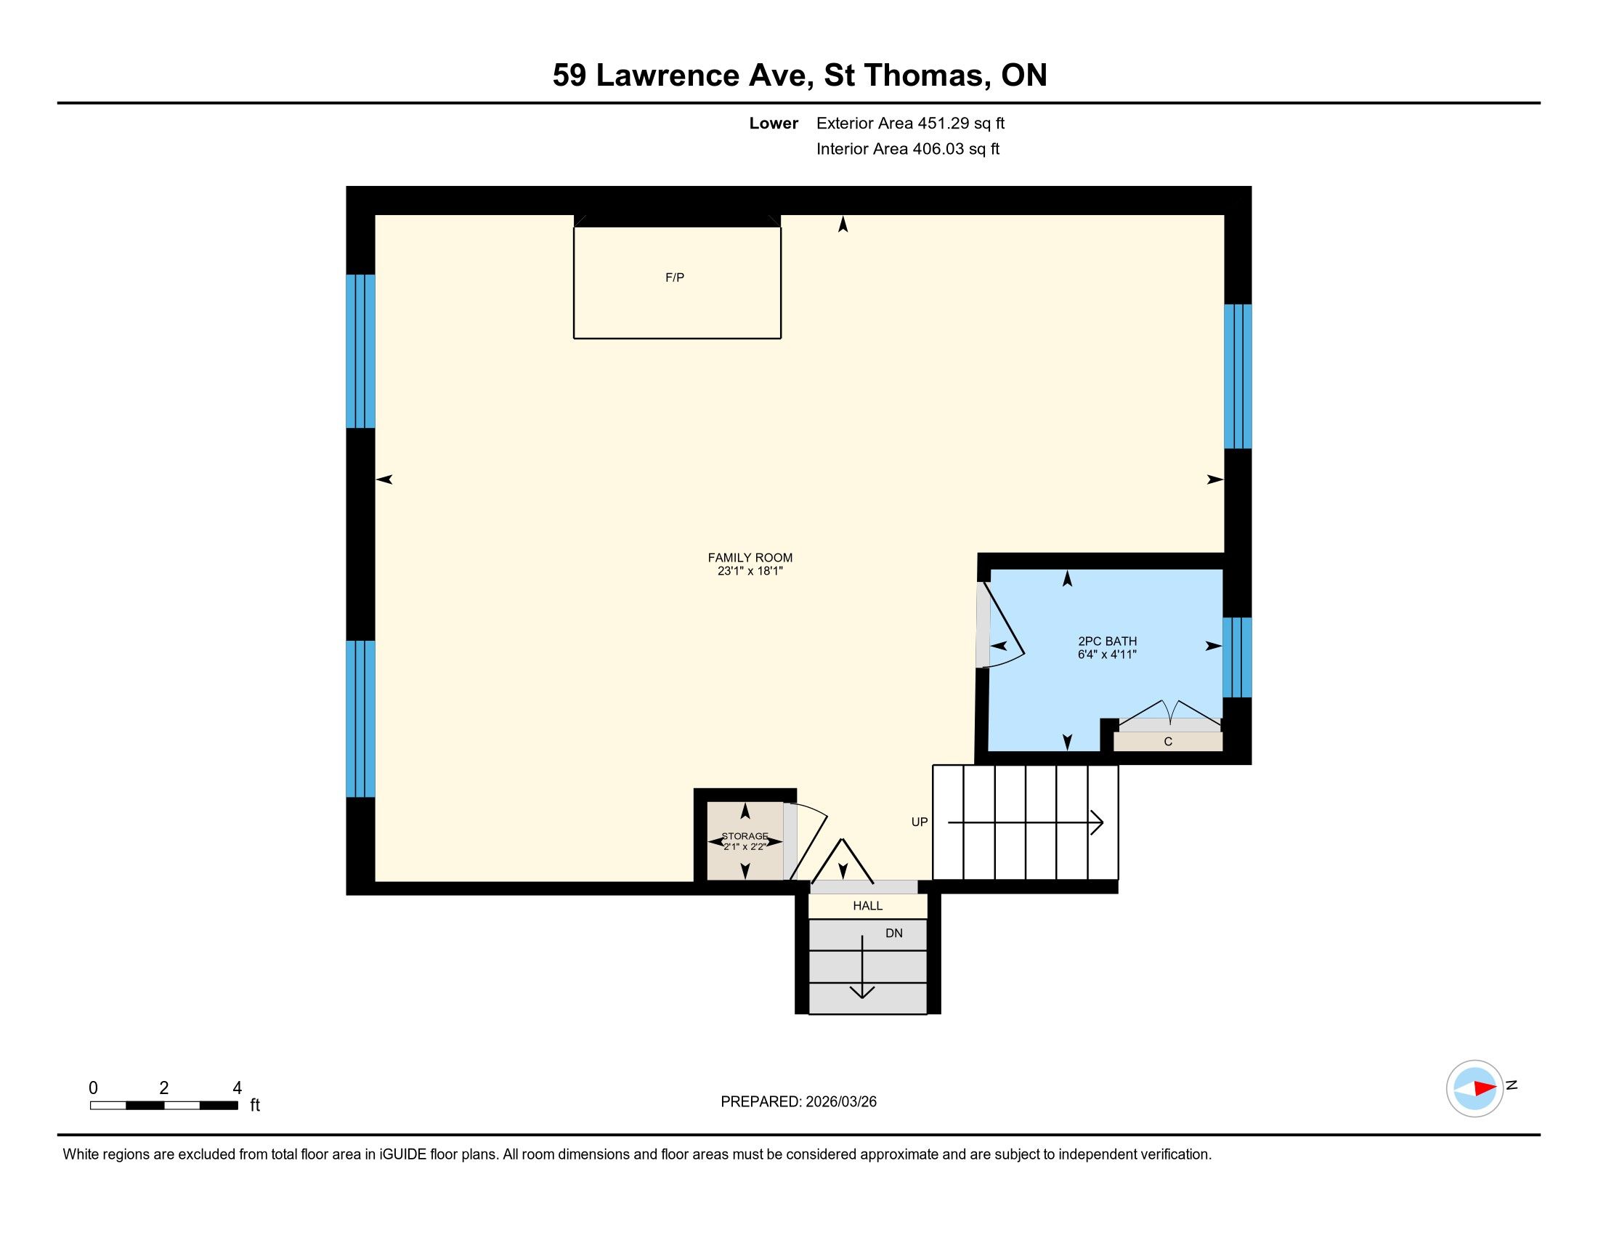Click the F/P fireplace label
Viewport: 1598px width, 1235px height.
[x=675, y=278]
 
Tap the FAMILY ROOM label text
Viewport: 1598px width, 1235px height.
[x=750, y=557]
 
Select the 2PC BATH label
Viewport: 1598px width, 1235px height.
[x=1107, y=641]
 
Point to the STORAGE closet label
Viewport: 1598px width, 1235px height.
[x=745, y=835]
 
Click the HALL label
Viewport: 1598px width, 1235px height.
[x=868, y=906]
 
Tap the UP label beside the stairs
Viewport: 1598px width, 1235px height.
[x=920, y=822]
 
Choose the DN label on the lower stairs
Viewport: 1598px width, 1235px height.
[x=894, y=934]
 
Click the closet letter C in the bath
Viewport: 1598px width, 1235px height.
[x=1168, y=741]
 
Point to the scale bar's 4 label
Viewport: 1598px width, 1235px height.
[x=237, y=1088]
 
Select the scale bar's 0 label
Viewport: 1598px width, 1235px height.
[x=94, y=1088]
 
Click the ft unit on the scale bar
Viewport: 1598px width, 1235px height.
[x=255, y=1105]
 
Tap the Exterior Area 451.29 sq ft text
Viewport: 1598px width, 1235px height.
[x=910, y=123]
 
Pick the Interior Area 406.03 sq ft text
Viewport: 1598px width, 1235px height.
[x=908, y=148]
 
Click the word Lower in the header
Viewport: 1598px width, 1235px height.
[x=774, y=123]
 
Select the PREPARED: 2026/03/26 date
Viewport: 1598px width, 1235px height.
[x=798, y=1102]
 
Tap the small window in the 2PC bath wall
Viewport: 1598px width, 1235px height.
[x=1237, y=657]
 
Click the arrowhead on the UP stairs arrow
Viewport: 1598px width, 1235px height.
[x=1098, y=822]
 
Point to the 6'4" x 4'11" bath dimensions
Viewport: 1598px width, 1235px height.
[x=1107, y=654]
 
